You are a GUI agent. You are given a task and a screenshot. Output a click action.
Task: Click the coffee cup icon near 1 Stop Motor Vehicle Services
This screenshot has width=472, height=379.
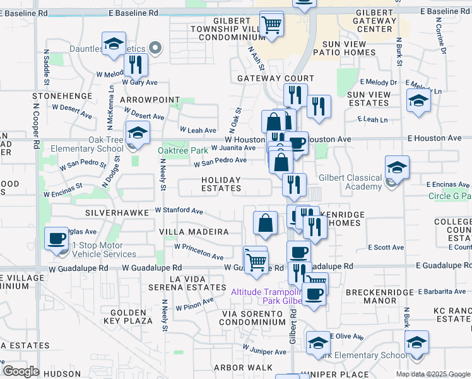[57, 239]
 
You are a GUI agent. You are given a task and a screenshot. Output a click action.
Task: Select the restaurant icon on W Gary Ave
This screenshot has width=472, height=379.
[136, 64]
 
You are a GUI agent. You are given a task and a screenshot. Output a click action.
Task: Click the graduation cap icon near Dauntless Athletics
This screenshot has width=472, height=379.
[114, 44]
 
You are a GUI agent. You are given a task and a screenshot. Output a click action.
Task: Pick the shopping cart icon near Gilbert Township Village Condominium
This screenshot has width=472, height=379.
[272, 25]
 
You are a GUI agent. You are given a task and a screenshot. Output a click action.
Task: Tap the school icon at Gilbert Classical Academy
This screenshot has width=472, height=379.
[398, 168]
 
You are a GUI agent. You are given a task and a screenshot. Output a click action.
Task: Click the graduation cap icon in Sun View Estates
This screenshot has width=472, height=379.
[418, 101]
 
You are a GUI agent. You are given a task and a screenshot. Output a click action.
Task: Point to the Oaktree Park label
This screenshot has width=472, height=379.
[182, 150]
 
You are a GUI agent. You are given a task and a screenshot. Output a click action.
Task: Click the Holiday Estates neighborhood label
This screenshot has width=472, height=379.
[221, 184]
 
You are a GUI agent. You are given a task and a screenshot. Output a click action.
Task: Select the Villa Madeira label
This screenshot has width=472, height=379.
[195, 232]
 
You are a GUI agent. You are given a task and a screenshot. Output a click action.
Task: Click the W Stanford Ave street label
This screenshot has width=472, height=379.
[179, 210]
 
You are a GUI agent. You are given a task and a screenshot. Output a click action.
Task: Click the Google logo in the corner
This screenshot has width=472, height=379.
[21, 371]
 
